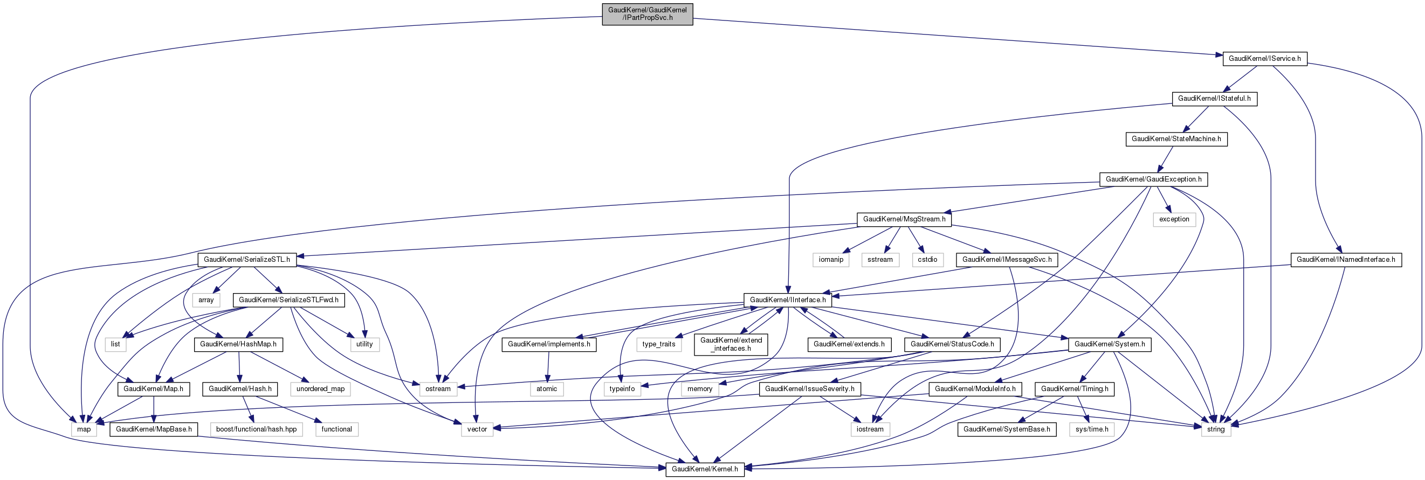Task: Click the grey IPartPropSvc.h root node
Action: coord(647,14)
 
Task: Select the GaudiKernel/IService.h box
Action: coord(1264,58)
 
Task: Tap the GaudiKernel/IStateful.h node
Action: coord(1214,99)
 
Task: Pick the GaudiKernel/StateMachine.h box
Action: coord(1176,139)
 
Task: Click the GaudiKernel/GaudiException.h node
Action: coord(1153,179)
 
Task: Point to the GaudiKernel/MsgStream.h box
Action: coord(904,219)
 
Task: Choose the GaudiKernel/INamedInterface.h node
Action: coord(1345,259)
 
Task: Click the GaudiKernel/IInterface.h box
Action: coord(787,300)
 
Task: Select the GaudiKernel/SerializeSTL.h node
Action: coord(247,259)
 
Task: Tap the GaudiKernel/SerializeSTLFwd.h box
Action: coord(289,300)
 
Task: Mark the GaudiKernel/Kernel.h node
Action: coord(705,469)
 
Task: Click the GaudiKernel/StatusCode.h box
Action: coord(952,344)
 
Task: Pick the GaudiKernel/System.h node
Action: coord(1110,344)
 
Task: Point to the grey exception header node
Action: coord(1174,219)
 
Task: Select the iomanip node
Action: coord(831,259)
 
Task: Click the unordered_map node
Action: coord(320,389)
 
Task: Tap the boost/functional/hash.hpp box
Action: coord(256,429)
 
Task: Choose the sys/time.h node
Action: coord(1092,429)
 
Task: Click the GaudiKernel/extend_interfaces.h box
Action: coord(731,344)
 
